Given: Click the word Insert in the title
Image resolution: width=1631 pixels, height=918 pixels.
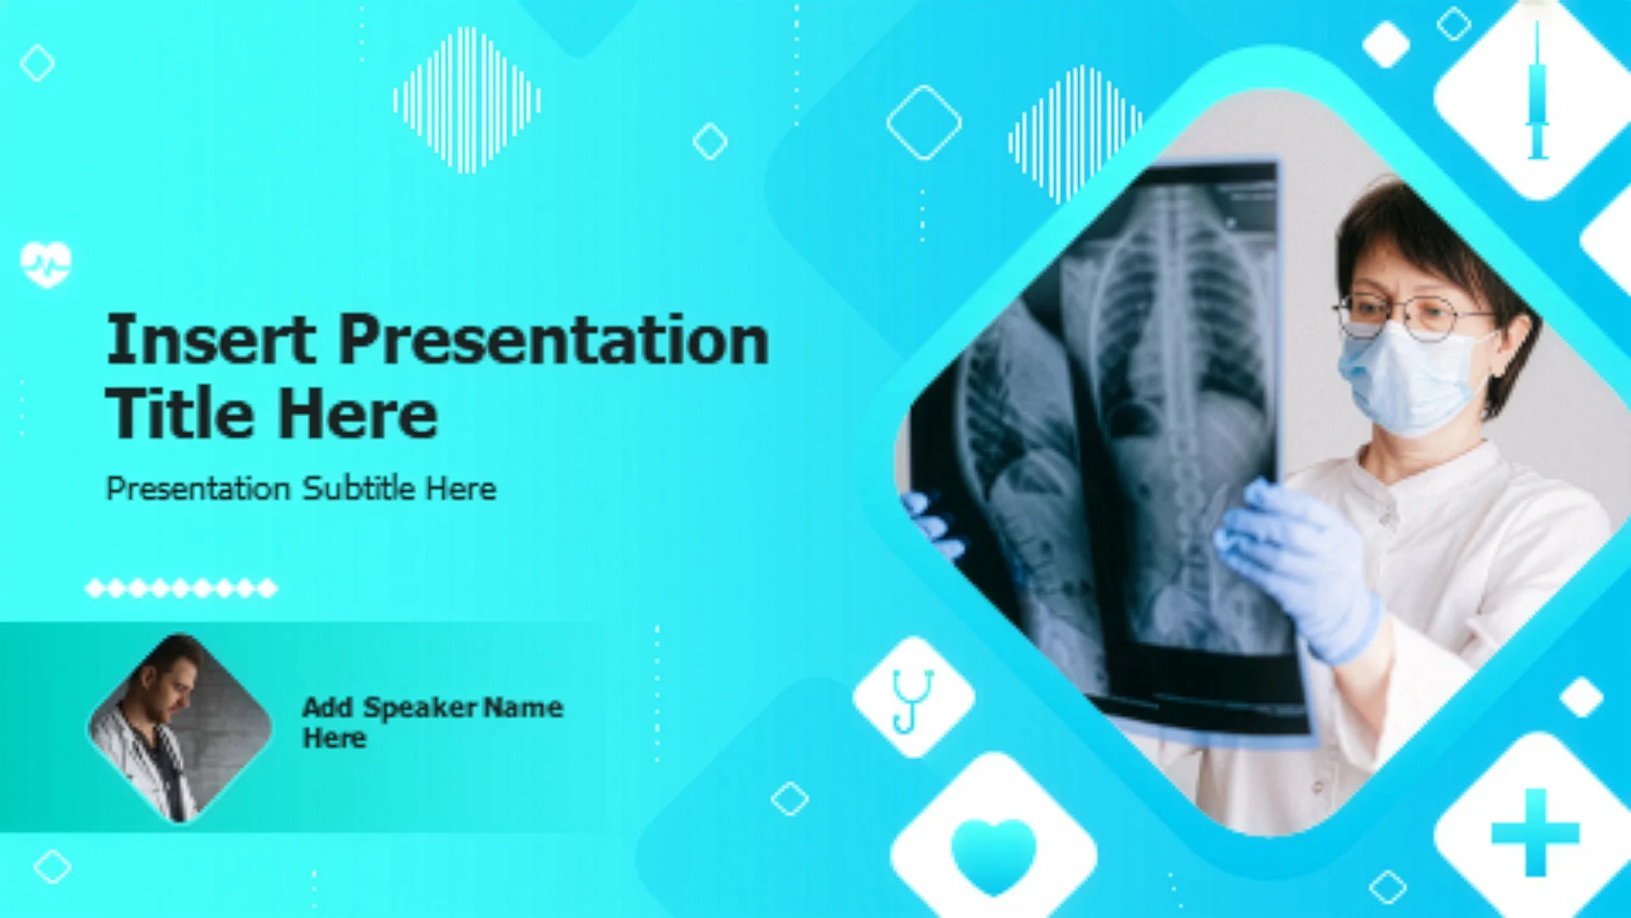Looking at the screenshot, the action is [211, 339].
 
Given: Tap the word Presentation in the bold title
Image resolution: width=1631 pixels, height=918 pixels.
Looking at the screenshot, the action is [554, 339].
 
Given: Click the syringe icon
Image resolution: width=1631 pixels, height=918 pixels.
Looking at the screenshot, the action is [1537, 91].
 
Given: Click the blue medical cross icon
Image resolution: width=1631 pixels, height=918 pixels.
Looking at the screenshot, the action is [1535, 833].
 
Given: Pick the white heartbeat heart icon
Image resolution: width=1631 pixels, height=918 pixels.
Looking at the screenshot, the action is [46, 263].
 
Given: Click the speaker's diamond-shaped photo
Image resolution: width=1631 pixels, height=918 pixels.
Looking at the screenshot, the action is [179, 728].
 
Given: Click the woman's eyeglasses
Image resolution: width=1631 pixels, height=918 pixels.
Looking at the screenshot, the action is [1410, 315].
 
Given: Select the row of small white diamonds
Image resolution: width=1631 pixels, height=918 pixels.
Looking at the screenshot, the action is [181, 587].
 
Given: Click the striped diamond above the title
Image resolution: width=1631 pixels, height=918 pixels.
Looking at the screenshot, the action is [466, 100].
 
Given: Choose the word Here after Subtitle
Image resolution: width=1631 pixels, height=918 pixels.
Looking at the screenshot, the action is [460, 488].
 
